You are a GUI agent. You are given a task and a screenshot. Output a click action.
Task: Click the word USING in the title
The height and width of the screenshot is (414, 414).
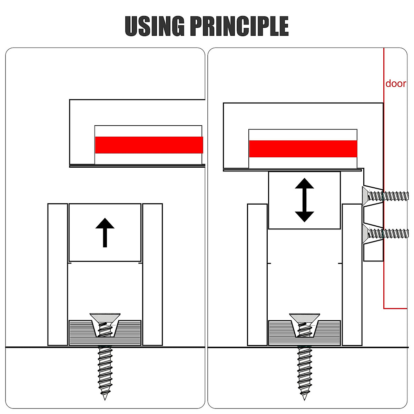[x=155, y=26]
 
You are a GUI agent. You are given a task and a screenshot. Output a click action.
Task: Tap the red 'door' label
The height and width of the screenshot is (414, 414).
[x=395, y=83]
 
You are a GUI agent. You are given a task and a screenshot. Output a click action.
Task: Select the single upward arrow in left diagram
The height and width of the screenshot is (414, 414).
[x=105, y=233]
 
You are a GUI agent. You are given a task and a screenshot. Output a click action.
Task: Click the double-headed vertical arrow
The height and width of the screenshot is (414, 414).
[x=304, y=200]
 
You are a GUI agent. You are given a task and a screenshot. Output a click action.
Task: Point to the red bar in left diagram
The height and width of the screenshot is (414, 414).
[x=149, y=145]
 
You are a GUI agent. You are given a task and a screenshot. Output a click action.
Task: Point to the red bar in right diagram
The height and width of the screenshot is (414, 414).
[x=303, y=149]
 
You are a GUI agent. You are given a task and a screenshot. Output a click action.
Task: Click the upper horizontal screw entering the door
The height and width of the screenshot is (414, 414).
[x=385, y=196]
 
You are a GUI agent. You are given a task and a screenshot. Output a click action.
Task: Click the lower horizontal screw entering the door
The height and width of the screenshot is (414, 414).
[x=385, y=234]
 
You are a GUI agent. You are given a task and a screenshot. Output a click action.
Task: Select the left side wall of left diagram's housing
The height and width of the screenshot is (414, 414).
[x=58, y=275]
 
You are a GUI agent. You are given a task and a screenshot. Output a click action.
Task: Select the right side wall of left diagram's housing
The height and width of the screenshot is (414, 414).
[x=152, y=275]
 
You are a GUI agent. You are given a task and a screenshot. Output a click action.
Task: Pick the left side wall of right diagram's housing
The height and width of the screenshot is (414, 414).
[x=257, y=275]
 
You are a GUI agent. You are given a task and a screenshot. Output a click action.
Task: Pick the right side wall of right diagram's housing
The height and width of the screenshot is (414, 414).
[x=352, y=275]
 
